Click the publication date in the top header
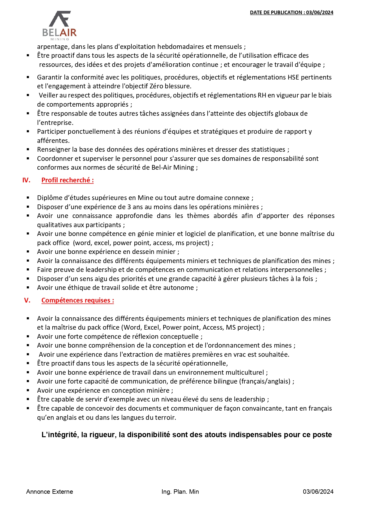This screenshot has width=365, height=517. [291, 12]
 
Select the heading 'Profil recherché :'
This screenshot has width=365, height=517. [67, 180]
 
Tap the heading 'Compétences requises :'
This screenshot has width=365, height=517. [78, 300]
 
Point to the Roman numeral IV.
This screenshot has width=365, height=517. [26, 180]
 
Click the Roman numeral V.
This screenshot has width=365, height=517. [27, 300]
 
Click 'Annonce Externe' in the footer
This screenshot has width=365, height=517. [49, 492]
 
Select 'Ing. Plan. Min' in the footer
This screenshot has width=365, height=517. [180, 492]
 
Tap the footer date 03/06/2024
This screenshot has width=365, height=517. [318, 492]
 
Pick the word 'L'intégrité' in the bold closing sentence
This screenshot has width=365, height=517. [59, 435]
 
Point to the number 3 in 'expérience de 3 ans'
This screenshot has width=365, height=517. [129, 207]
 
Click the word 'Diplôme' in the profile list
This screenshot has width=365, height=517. [49, 198]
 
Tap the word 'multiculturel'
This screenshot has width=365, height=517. [245, 372]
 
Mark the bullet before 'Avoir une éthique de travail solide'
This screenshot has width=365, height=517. [28, 288]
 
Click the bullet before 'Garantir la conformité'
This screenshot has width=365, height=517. [28, 77]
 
